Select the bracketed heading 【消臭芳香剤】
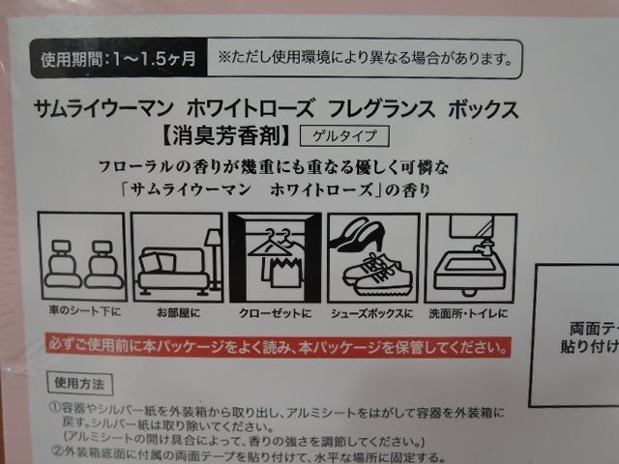coord(241,135)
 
